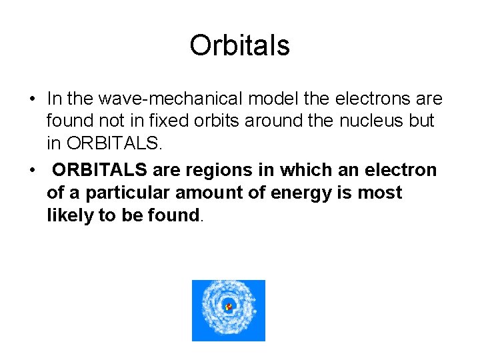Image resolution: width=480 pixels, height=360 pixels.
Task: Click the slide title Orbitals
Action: [239, 45]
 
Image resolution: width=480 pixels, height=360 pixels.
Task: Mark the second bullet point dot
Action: [31, 171]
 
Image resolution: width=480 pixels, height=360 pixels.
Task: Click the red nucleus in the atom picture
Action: [229, 307]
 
